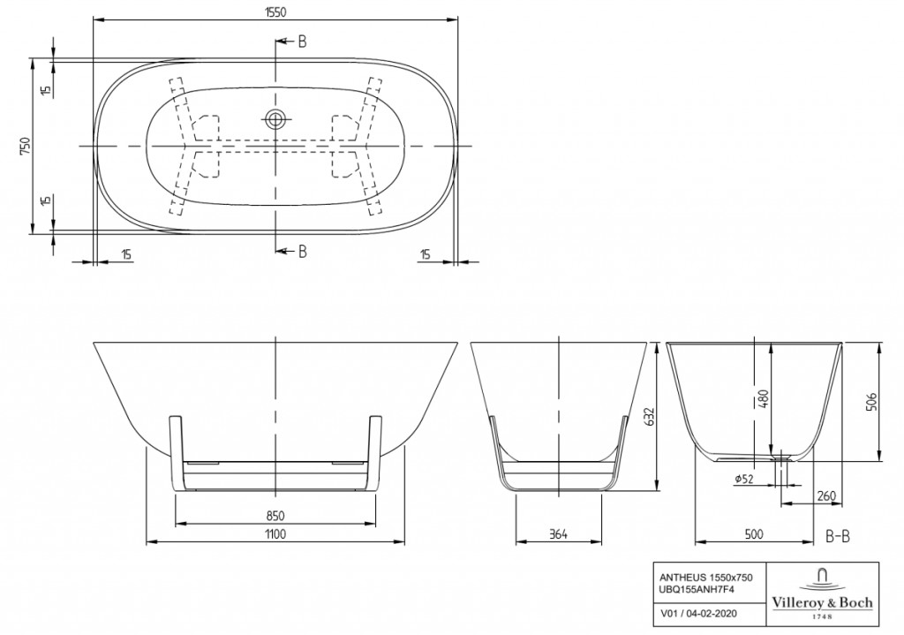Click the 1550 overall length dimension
(275, 12)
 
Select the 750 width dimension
(25, 146)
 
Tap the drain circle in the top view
(275, 119)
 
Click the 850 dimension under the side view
(275, 516)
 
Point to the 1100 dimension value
(275, 533)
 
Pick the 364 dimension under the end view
(558, 534)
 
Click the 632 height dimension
(650, 417)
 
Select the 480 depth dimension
(764, 399)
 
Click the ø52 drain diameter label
(744, 478)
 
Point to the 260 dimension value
(825, 496)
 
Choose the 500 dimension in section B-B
(754, 534)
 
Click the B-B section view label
(838, 536)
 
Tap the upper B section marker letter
(302, 42)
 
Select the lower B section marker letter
(302, 252)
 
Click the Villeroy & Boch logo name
(822, 602)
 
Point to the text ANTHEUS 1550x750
(706, 578)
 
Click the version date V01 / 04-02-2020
(697, 614)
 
